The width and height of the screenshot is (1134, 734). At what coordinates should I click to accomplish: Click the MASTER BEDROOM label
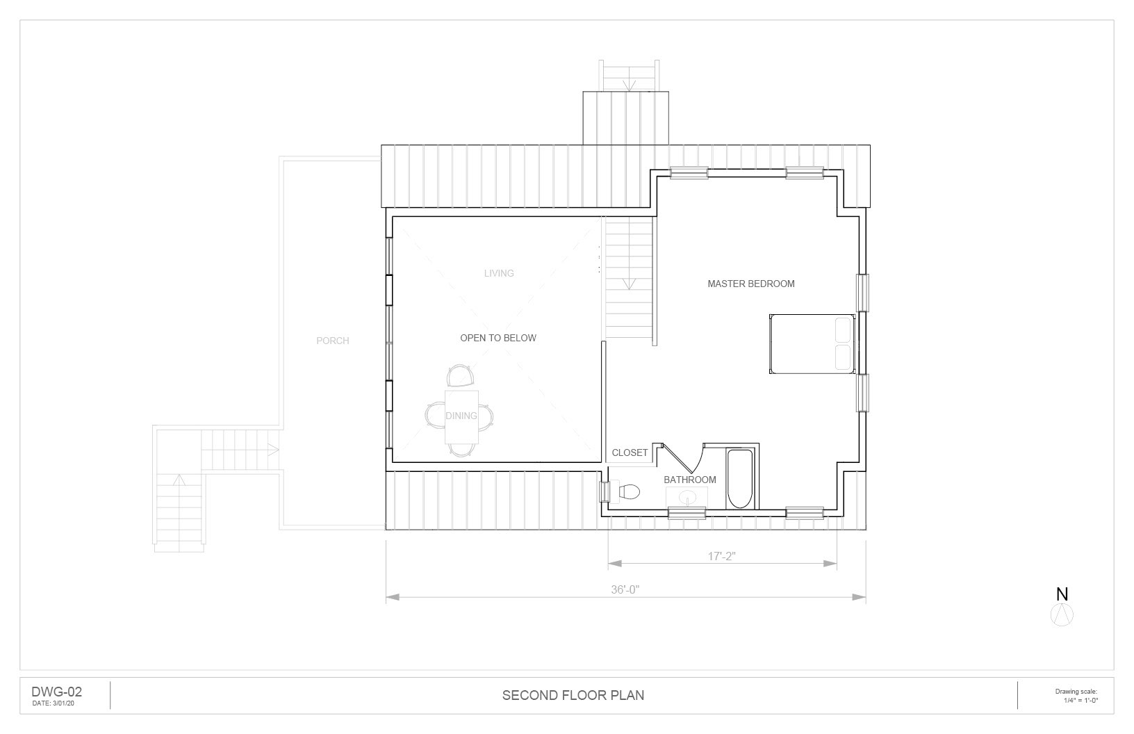pyautogui.click(x=750, y=284)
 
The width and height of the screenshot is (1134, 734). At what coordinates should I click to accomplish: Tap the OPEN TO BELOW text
pyautogui.click(x=498, y=338)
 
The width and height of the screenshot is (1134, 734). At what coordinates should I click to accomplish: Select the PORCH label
pyautogui.click(x=333, y=341)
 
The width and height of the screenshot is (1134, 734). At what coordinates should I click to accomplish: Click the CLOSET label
pyautogui.click(x=630, y=453)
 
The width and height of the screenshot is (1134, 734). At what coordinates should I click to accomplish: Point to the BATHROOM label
pyautogui.click(x=690, y=480)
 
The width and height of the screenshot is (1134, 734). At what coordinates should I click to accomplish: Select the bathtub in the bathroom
pyautogui.click(x=739, y=478)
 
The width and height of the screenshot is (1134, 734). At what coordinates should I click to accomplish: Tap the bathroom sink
pyautogui.click(x=687, y=497)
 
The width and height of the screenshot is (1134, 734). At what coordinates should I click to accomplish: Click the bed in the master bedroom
pyautogui.click(x=812, y=344)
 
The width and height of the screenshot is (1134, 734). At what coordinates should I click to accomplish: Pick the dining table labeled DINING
pyautogui.click(x=461, y=417)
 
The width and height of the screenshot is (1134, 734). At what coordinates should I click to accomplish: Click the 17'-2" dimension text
pyautogui.click(x=721, y=556)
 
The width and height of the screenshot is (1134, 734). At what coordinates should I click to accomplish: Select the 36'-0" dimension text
pyautogui.click(x=625, y=589)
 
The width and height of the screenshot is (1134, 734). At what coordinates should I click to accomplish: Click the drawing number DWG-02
pyautogui.click(x=57, y=692)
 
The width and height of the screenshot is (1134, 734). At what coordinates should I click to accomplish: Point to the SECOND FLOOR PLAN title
pyautogui.click(x=573, y=696)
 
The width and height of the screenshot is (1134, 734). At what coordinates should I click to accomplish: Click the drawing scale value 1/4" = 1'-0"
pyautogui.click(x=1081, y=701)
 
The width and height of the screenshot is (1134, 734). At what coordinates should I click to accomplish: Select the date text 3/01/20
pyautogui.click(x=63, y=703)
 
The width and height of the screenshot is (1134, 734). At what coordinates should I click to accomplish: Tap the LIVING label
pyautogui.click(x=499, y=274)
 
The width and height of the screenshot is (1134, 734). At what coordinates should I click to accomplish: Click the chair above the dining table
pyautogui.click(x=460, y=375)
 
